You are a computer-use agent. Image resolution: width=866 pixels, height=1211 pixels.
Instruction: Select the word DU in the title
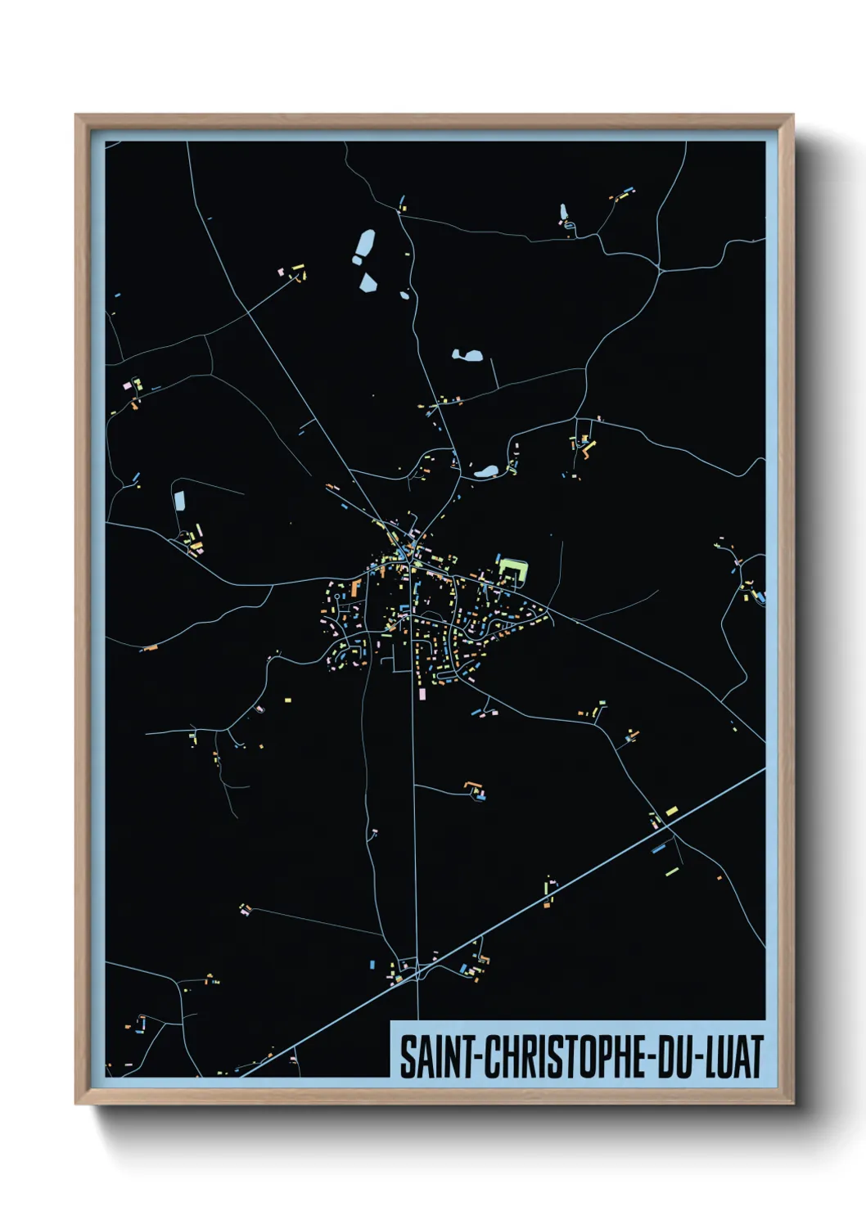pyautogui.click(x=671, y=1056)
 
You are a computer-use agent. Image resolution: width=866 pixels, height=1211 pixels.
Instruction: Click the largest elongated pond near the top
pyautogui.click(x=363, y=246)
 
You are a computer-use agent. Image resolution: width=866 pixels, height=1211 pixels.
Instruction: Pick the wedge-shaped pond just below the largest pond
pyautogui.click(x=368, y=283)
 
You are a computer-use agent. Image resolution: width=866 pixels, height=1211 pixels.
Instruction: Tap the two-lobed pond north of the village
pyautogui.click(x=467, y=356)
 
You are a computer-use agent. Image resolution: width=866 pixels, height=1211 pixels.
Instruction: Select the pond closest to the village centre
pyautogui.click(x=486, y=471)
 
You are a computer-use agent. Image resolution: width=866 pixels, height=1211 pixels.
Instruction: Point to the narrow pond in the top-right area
pyautogui.click(x=563, y=213)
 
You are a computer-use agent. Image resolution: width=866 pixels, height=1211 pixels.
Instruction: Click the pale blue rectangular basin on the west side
pyautogui.click(x=179, y=501)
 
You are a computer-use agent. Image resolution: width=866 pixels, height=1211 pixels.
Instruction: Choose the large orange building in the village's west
pyautogui.click(x=355, y=587)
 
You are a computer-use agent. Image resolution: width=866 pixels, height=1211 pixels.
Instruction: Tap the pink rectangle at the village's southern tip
pyautogui.click(x=422, y=694)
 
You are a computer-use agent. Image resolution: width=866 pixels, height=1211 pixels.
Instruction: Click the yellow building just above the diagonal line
pyautogui.click(x=671, y=811)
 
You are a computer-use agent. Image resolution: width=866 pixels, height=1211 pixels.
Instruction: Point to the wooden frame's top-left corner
pyautogui.click(x=77, y=116)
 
